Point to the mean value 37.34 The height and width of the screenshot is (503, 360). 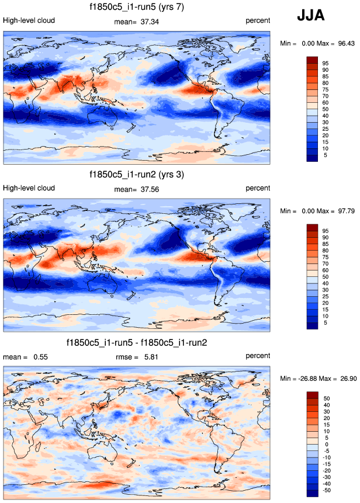click(150, 22)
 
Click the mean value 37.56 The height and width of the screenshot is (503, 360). click(150, 189)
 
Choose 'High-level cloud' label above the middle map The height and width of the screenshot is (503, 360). click(29, 188)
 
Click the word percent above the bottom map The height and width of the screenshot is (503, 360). click(258, 356)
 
